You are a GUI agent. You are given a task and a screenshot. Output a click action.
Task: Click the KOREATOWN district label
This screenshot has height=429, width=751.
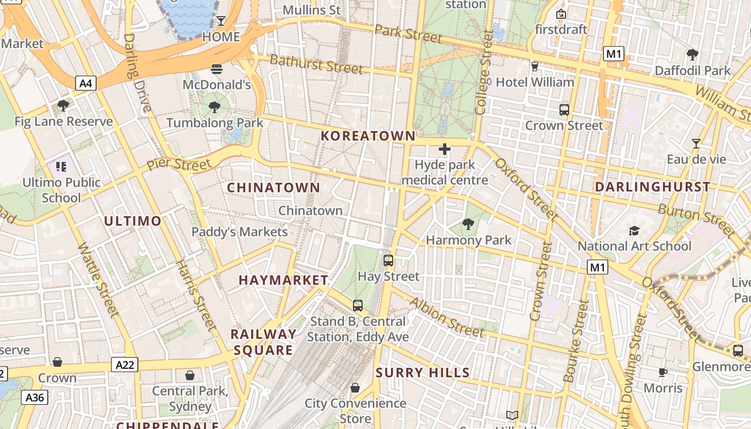click(x=368, y=136)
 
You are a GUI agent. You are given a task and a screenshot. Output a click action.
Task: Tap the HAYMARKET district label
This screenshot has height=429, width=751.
click(x=283, y=280)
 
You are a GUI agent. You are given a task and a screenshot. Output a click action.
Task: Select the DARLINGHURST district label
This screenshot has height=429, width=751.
click(x=653, y=187)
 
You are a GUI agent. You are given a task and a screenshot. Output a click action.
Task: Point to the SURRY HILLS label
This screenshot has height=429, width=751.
click(x=423, y=373)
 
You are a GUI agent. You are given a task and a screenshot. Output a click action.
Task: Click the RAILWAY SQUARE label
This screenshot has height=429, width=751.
click(x=263, y=342)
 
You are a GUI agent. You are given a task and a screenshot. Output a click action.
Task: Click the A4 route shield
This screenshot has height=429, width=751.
click(x=86, y=83)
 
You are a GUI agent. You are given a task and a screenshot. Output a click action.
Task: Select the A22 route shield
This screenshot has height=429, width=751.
click(x=125, y=365)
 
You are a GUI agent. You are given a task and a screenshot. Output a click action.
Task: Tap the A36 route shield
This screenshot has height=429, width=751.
click(x=35, y=397)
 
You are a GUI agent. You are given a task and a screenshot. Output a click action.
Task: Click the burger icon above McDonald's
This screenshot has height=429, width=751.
click(x=217, y=69)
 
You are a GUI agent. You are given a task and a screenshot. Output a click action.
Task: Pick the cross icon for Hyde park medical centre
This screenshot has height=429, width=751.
click(x=445, y=149)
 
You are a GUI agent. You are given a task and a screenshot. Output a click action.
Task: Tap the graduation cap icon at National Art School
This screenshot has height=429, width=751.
click(x=634, y=231)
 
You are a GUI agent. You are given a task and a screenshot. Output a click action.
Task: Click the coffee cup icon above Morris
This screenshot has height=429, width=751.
click(x=663, y=372)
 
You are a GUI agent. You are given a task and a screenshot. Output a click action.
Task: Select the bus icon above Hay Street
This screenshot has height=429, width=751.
click(x=388, y=261)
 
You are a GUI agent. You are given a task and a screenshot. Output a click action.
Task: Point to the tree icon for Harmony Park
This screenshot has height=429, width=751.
click(x=468, y=224)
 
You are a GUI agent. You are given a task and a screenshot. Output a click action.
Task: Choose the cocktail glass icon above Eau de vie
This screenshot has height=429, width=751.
click(x=696, y=144)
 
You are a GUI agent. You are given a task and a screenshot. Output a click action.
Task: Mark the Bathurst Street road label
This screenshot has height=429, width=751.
click(x=316, y=64)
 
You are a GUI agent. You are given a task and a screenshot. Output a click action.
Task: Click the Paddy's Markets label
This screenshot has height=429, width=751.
click(x=240, y=232)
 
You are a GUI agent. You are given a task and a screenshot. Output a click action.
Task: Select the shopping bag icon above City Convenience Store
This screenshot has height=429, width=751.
click(x=355, y=388)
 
